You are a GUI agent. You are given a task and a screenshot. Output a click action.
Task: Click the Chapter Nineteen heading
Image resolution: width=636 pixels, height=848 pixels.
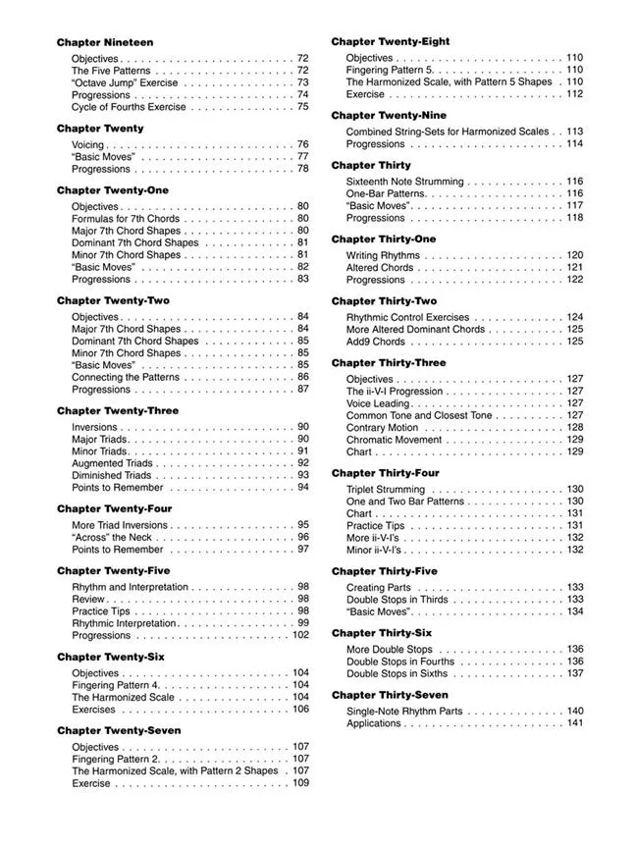[x=105, y=42]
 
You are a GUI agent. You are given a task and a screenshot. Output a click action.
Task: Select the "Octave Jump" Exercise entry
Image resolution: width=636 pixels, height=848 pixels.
[x=125, y=83]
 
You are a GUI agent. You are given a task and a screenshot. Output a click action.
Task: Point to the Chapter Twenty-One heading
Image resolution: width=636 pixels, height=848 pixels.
[x=113, y=189]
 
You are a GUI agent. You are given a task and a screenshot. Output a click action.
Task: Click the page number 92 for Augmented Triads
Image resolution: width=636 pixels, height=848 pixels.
[x=302, y=463]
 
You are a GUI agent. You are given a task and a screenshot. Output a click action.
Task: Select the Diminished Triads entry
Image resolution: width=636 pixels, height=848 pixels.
[x=111, y=475]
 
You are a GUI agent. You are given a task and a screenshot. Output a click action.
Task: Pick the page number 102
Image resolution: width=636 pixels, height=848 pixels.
[x=300, y=635]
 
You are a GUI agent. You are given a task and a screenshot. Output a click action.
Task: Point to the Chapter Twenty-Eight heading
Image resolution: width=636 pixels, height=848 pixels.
[x=391, y=41]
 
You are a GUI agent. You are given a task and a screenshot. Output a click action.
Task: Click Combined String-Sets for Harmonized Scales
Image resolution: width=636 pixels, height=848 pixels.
[x=448, y=132]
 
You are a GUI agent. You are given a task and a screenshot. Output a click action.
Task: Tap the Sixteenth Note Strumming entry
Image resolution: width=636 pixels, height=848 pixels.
[x=405, y=182]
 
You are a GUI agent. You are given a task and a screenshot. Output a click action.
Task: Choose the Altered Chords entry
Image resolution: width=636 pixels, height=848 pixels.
[x=380, y=267]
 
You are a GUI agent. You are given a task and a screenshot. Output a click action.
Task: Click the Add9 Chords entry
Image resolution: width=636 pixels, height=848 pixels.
[x=375, y=342]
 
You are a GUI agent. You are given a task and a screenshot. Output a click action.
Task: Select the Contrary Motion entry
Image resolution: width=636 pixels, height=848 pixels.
[x=382, y=428]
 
